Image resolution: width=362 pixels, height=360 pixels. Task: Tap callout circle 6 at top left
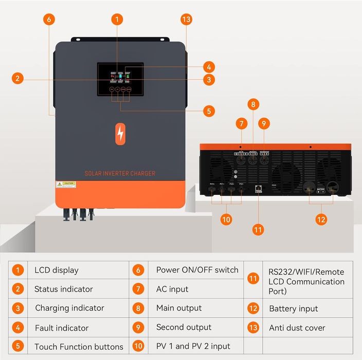(x=49, y=20)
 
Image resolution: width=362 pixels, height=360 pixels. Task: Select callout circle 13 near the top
(x=186, y=20)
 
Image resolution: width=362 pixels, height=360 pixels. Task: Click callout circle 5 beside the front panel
(x=208, y=111)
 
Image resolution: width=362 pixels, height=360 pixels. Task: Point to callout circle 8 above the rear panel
(x=252, y=104)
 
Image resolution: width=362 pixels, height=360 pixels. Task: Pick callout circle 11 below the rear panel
(x=258, y=229)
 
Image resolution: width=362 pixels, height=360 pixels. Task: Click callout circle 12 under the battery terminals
(x=321, y=219)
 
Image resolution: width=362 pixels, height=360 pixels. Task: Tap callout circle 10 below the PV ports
(x=226, y=219)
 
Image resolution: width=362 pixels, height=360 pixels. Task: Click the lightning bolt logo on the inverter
(x=120, y=134)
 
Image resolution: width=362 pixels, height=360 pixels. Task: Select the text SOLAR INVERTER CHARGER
(x=120, y=173)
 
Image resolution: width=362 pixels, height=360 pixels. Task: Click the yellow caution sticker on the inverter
(x=66, y=184)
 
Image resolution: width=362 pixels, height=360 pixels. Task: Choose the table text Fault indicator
(x=62, y=328)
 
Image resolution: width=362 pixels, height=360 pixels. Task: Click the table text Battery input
(x=294, y=309)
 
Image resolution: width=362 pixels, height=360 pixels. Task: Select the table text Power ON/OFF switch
(x=197, y=269)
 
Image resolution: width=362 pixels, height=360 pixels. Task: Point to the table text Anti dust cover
(x=297, y=328)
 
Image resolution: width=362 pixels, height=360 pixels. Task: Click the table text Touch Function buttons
(x=79, y=346)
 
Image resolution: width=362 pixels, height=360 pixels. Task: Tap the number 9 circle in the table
(x=138, y=327)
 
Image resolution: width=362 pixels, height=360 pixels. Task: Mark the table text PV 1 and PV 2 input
(x=193, y=346)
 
